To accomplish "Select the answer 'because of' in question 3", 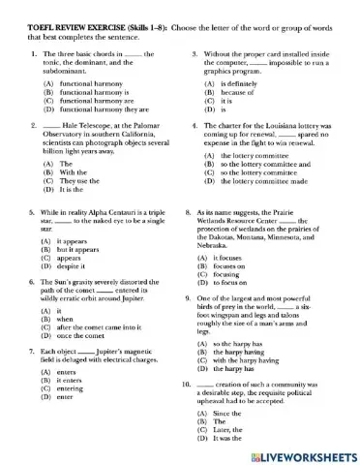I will click(227, 92).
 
